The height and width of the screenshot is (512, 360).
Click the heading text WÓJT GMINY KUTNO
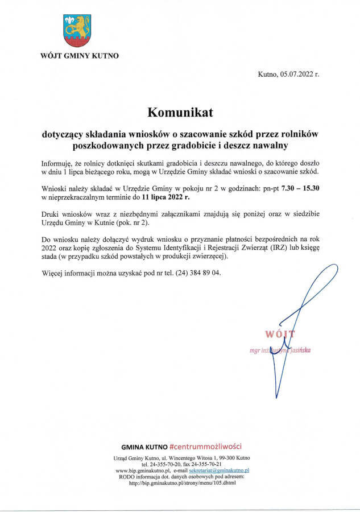coord(80,56)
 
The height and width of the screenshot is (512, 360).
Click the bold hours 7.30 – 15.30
coord(296,187)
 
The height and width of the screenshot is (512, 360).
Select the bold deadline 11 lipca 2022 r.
coord(166,197)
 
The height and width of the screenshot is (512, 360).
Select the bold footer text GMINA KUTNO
coord(144,447)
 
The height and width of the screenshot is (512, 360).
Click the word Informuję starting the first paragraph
coord(57,162)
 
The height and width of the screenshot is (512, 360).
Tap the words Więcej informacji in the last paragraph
coord(69,272)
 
